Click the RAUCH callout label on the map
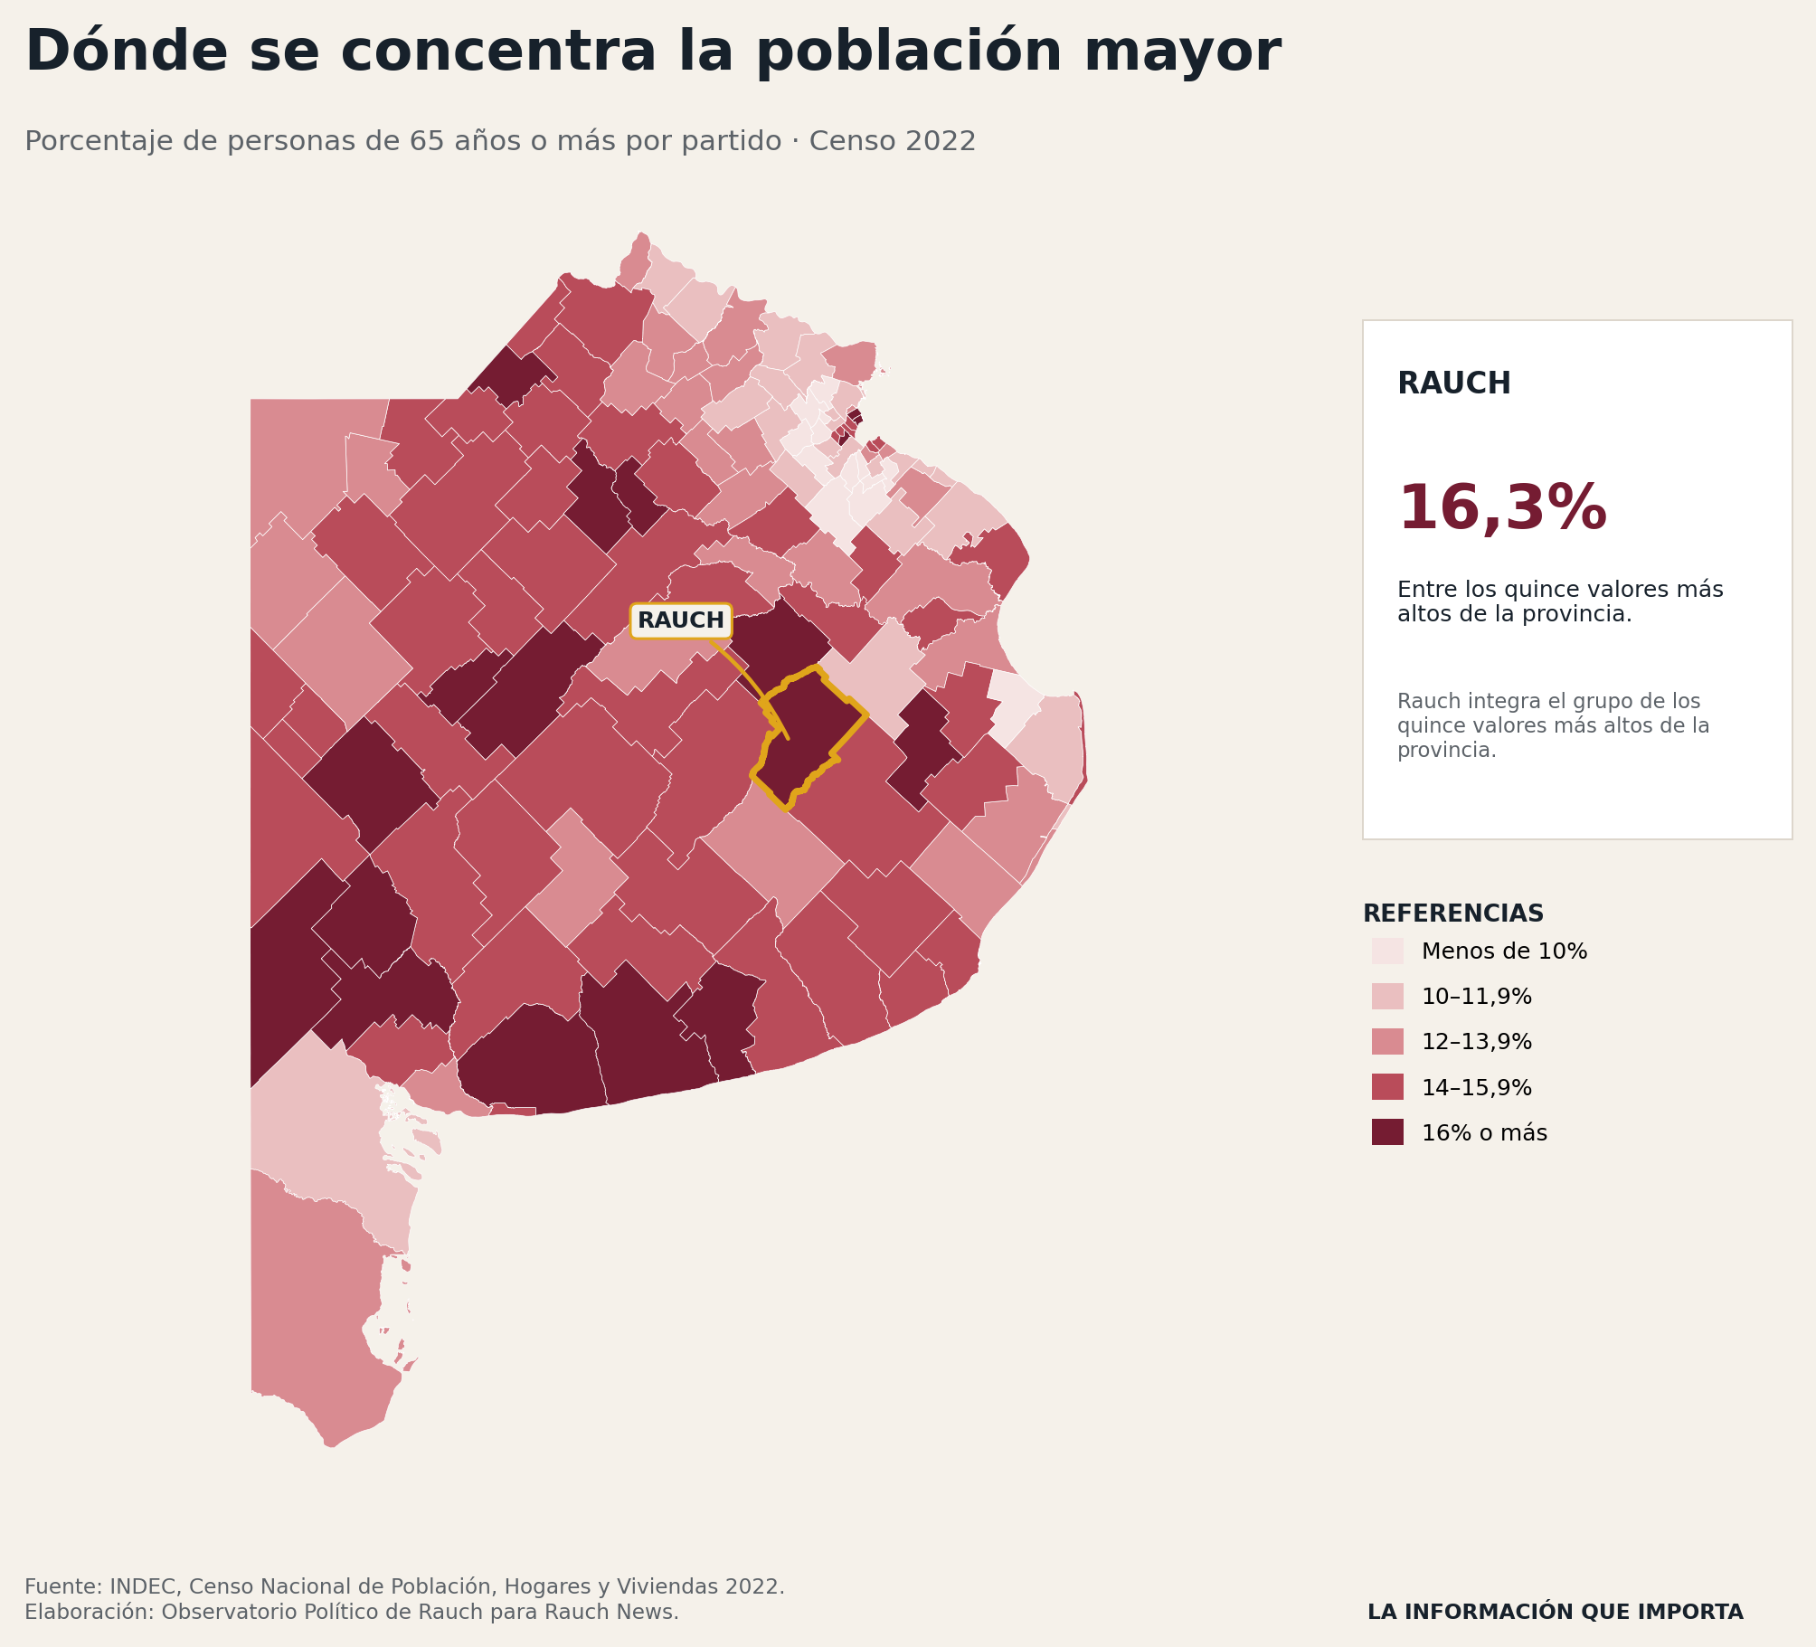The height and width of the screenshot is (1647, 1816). click(681, 620)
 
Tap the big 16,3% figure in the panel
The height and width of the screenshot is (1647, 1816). click(1502, 509)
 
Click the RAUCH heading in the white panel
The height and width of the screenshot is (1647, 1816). click(1454, 383)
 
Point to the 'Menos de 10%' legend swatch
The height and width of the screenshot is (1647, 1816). click(1387, 951)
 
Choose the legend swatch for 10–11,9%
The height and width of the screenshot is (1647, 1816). click(1387, 997)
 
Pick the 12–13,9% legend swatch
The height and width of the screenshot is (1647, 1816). click(1387, 1042)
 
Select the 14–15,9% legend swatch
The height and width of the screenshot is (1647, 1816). click(1387, 1087)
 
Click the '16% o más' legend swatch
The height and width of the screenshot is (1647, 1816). click(1387, 1132)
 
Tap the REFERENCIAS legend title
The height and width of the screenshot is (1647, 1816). click(1453, 913)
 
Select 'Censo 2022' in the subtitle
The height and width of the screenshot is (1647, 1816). click(893, 142)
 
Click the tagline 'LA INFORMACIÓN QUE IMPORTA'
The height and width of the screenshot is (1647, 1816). click(1556, 1612)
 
